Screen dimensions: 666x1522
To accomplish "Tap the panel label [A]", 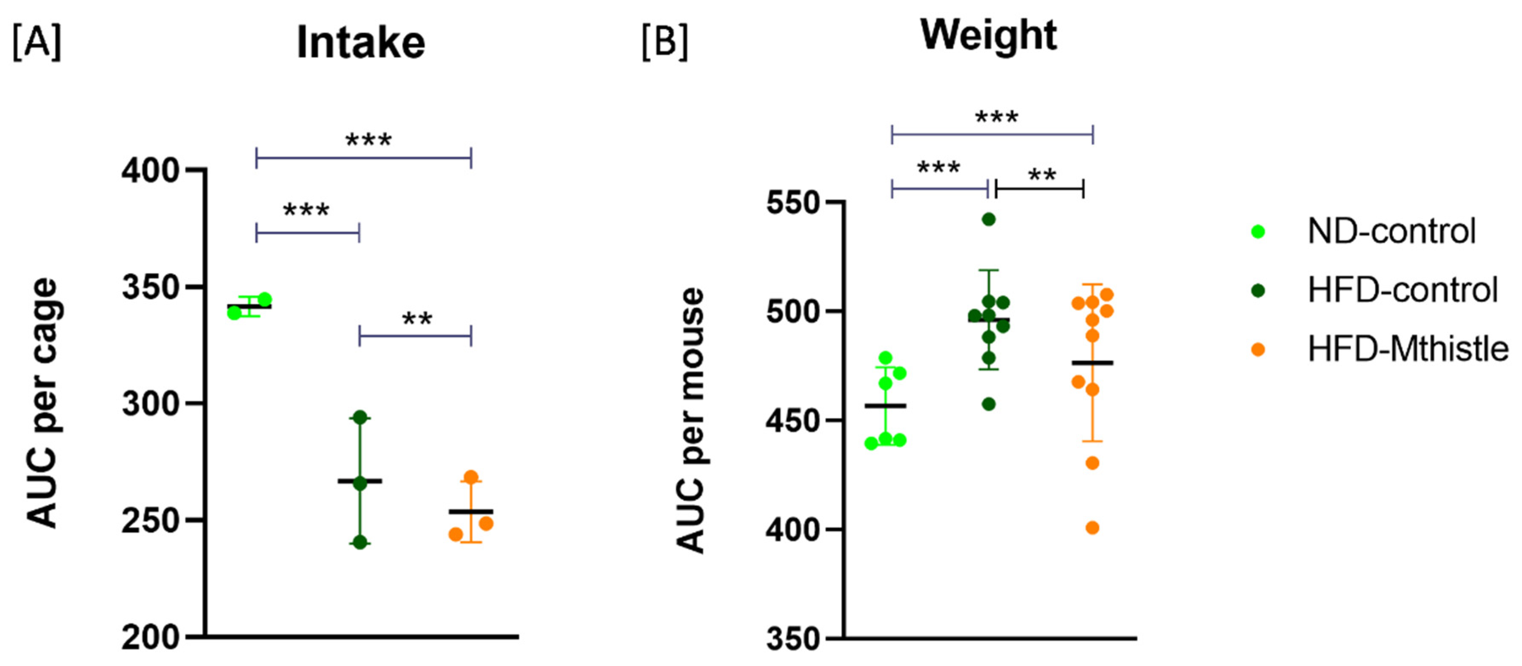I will [x=37, y=43].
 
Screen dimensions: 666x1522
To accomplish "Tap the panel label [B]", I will [x=665, y=43].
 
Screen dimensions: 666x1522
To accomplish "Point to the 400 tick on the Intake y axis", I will [x=150, y=170].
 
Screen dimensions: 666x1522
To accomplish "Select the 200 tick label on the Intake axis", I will [x=150, y=638].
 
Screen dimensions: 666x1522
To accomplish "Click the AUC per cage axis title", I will [x=43, y=403].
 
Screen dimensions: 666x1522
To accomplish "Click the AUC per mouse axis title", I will [x=690, y=420].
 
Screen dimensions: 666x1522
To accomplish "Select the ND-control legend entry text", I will [x=1391, y=232].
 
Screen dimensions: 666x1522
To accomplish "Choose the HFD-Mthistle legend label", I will [x=1408, y=349].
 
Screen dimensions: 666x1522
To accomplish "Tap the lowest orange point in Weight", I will [x=1092, y=528].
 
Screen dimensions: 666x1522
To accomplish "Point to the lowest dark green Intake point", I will [x=360, y=543].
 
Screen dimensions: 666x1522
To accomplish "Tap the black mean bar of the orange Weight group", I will [x=1092, y=363].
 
